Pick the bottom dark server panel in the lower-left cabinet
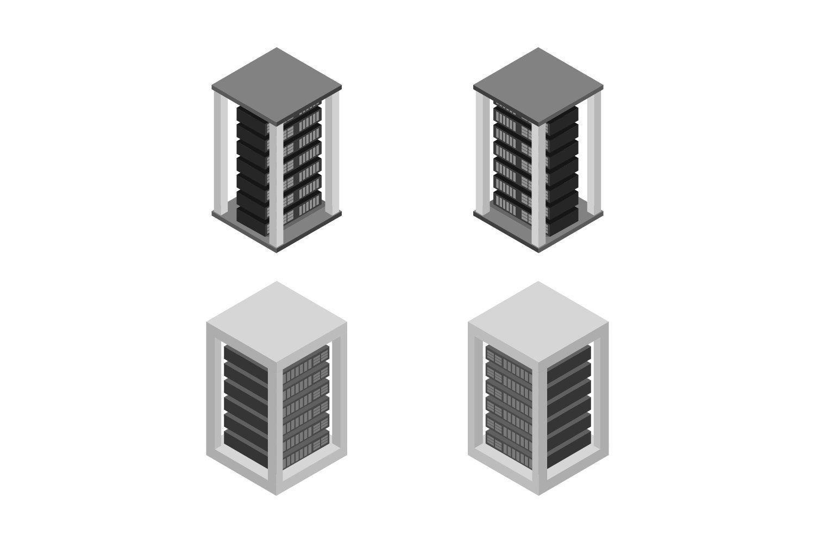[246, 443]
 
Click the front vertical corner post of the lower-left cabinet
[277, 418]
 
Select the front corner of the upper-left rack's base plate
[277, 250]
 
